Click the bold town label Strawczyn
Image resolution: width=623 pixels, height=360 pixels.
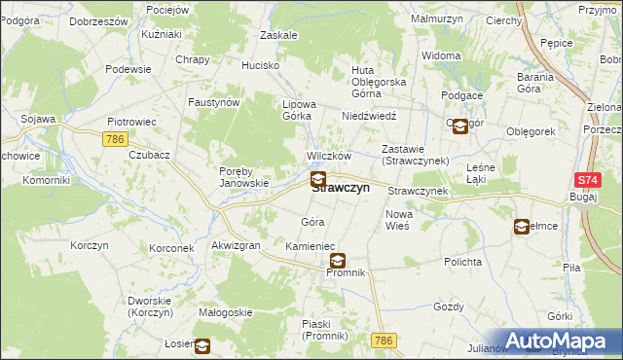[340, 189]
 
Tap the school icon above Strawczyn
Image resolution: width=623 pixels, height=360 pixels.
[318, 179]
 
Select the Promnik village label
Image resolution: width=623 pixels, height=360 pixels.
[345, 272]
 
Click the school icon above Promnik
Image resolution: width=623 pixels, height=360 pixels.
[338, 260]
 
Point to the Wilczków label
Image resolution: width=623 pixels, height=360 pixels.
[328, 157]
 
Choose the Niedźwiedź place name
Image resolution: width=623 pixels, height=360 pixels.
[365, 115]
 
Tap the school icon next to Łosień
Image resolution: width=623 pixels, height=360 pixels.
[202, 345]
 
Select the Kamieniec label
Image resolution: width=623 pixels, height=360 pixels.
[310, 247]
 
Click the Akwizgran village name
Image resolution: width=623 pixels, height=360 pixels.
[236, 246]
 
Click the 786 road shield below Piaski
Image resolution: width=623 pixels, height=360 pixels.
[383, 340]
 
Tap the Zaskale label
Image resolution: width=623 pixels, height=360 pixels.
[278, 35]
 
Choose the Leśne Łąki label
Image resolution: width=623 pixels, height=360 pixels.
[482, 172]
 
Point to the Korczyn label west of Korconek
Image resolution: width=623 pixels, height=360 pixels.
[89, 245]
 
